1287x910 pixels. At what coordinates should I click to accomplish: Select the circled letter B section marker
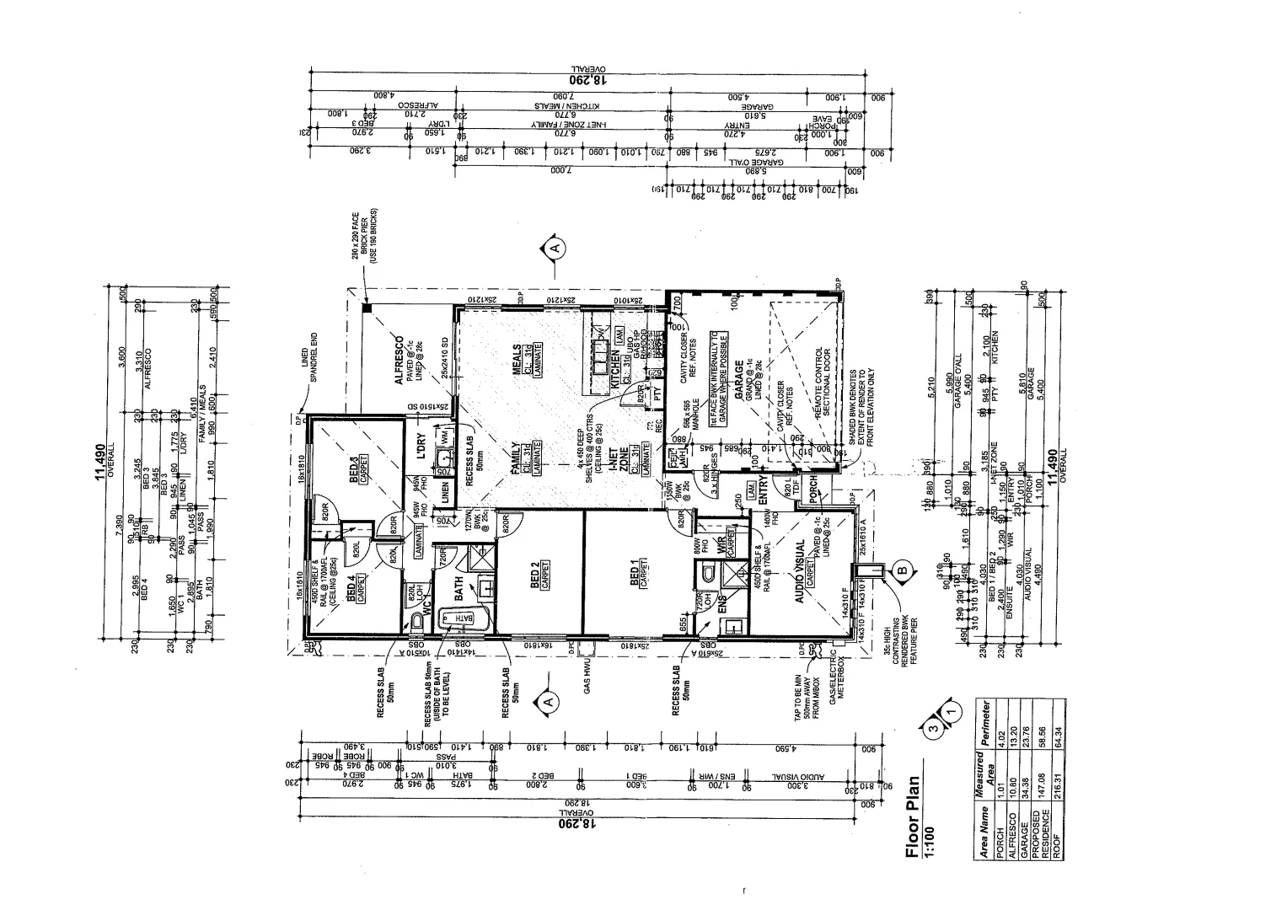pos(902,570)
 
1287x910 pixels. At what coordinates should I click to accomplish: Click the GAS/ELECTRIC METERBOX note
pos(834,680)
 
